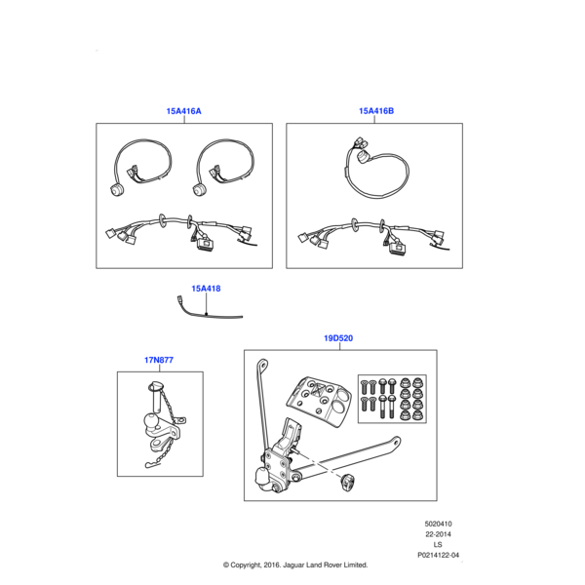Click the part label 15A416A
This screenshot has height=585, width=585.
click(x=183, y=111)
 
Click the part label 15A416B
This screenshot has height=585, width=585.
click(x=376, y=111)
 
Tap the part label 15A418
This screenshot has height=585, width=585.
click(x=206, y=289)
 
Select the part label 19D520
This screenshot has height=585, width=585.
click(x=338, y=338)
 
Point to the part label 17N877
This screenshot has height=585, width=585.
click(x=159, y=360)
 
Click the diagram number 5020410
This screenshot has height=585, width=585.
click(x=438, y=524)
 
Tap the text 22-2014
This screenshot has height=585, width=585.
click(x=438, y=534)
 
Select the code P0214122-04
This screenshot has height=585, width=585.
click(x=438, y=555)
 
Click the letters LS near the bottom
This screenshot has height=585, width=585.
click(x=438, y=545)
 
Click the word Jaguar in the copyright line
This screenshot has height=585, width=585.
click(x=293, y=565)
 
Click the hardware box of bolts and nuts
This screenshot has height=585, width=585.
click(x=392, y=399)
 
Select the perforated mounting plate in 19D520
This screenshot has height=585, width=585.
click(x=320, y=402)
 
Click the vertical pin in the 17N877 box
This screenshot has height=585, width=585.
click(x=156, y=398)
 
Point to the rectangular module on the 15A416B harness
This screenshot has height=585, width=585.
click(x=398, y=248)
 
